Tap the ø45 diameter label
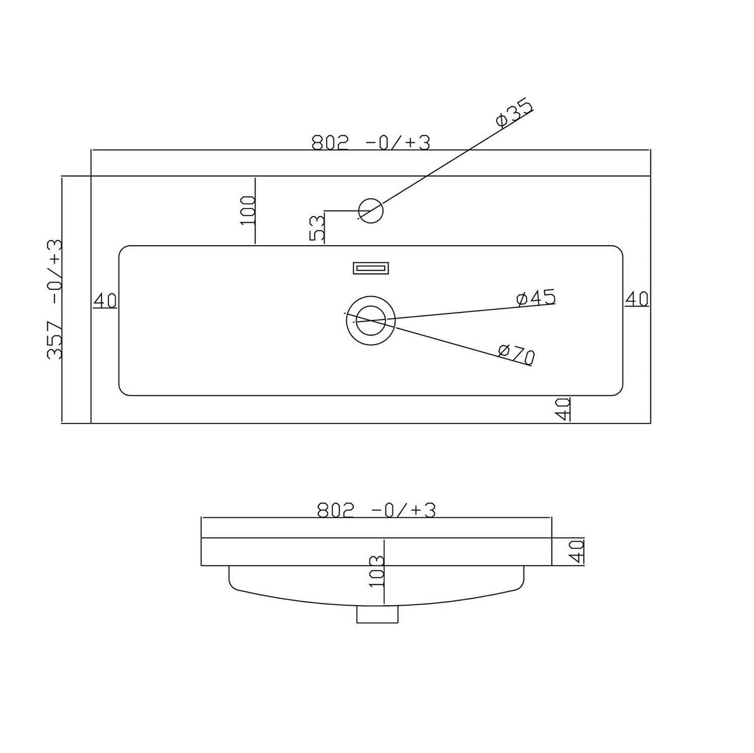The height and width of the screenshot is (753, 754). (535, 298)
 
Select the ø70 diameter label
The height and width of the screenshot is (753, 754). (517, 354)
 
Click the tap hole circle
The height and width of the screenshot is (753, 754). (370, 211)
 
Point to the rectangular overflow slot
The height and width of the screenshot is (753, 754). (370, 268)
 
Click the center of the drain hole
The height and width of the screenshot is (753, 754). (370, 321)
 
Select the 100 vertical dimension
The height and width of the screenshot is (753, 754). (248, 211)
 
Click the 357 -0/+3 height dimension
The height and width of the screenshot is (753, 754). (54, 300)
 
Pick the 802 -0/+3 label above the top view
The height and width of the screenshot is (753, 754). (370, 142)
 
